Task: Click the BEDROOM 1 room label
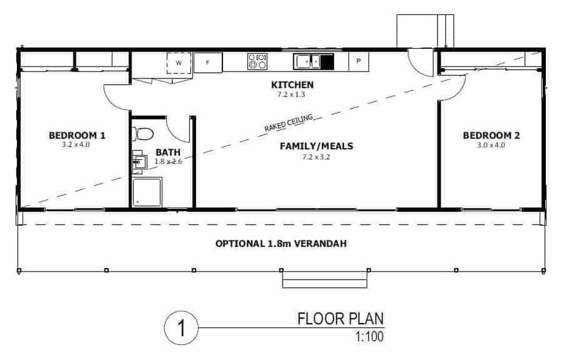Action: tap(77, 135)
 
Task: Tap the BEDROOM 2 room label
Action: tap(491, 135)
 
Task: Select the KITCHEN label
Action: tap(292, 85)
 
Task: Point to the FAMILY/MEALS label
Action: tap(316, 146)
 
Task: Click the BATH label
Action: tap(167, 152)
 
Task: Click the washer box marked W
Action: tap(179, 63)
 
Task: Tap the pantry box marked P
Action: tap(358, 61)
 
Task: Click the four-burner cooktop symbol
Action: tap(257, 61)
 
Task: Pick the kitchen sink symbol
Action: tap(309, 61)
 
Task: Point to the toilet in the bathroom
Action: tap(144, 134)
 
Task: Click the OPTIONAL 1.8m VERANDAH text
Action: tap(282, 243)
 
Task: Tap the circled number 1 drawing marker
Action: tap(181, 328)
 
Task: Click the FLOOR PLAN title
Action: tap(340, 319)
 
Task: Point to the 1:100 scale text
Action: tap(368, 336)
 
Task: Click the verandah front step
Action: tap(324, 279)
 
